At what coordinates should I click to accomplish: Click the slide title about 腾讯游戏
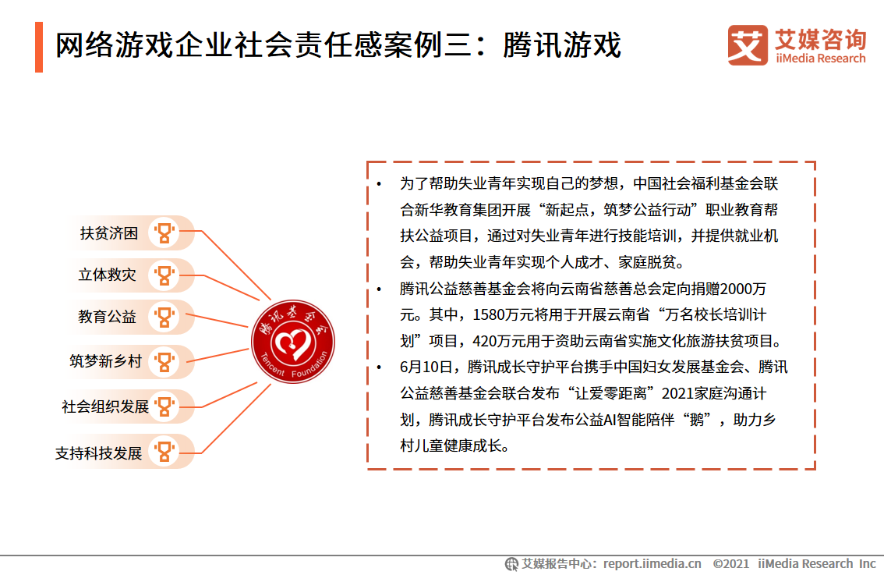[338, 46]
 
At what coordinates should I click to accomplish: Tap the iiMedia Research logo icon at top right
[748, 45]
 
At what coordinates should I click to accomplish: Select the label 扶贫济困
[109, 232]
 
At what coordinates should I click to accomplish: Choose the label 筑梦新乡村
[105, 361]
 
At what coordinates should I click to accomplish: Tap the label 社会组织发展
[105, 406]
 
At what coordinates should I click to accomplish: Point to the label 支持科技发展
[99, 453]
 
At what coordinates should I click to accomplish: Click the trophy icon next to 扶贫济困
[164, 232]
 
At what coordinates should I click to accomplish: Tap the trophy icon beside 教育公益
[164, 317]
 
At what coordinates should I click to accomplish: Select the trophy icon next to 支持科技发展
[164, 452]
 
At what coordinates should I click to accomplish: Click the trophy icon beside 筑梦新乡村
[164, 361]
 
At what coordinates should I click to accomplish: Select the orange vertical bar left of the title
[39, 47]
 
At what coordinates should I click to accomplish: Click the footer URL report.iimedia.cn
[652, 563]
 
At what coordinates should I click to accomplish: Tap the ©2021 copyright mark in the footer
[730, 563]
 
